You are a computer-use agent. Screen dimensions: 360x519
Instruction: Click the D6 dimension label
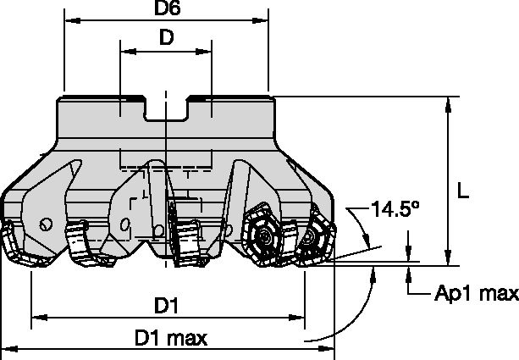tap(165, 9)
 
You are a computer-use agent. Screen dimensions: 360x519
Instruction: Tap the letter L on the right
tap(463, 192)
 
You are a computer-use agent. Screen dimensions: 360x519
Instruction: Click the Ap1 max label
tap(476, 294)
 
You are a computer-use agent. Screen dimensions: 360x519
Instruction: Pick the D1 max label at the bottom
tap(171, 338)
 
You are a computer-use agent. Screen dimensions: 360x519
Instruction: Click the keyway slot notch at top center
tap(166, 110)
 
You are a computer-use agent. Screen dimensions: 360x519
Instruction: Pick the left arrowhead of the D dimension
tap(125, 51)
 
